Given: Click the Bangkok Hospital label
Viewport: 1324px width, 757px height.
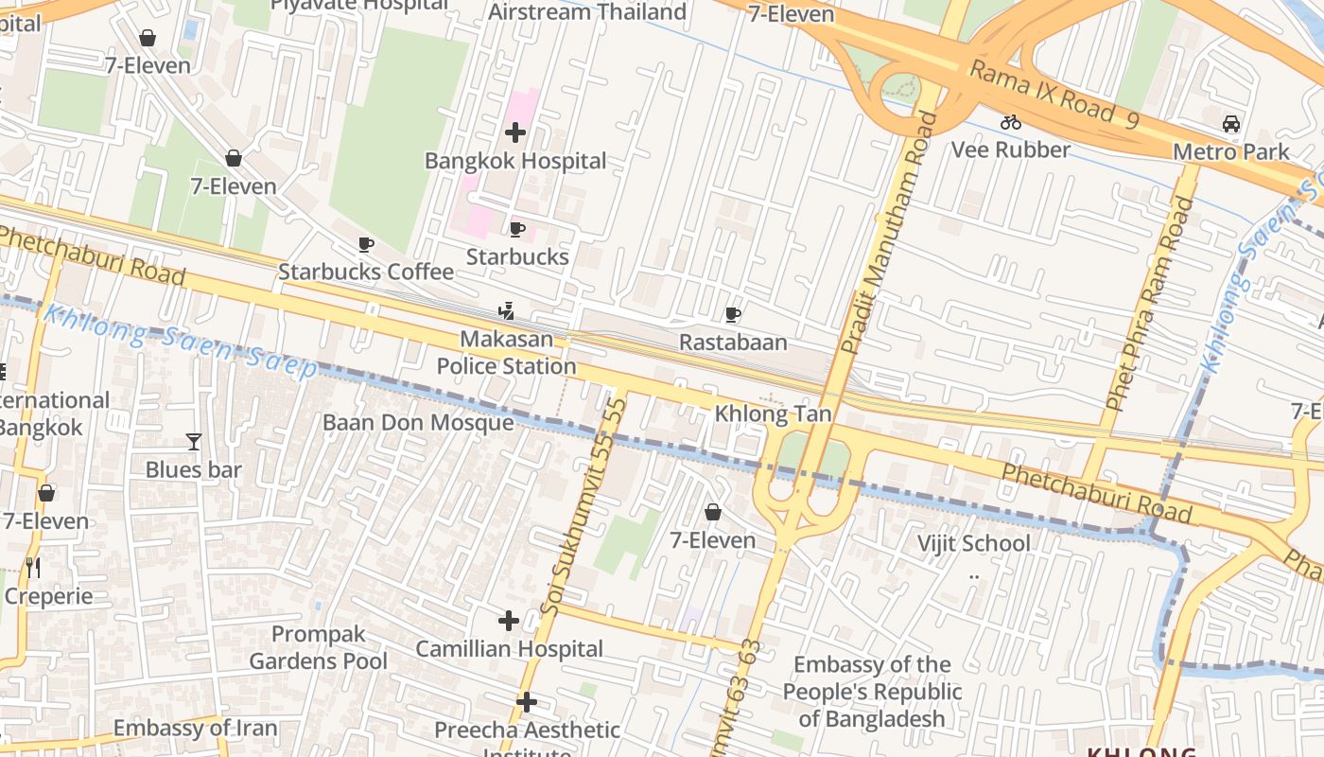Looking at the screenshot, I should (x=515, y=161).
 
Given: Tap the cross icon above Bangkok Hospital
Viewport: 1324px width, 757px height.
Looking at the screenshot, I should (x=515, y=132).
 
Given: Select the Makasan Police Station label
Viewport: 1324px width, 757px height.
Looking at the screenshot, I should (x=506, y=352).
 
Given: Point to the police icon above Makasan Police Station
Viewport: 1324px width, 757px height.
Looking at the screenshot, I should (x=506, y=310).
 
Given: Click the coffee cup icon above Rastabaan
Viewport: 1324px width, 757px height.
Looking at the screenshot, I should (x=733, y=314).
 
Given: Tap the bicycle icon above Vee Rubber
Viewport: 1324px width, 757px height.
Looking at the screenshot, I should (x=1011, y=121).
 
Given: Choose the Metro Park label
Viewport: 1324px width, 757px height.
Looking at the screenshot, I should (x=1230, y=151).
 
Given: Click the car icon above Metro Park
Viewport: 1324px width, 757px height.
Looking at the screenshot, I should (x=1230, y=123).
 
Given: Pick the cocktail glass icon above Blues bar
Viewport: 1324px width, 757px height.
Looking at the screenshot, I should (x=194, y=441).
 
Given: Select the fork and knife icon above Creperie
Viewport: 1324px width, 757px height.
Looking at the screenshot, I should (x=33, y=567).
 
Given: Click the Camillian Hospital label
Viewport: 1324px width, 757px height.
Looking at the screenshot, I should (x=509, y=649).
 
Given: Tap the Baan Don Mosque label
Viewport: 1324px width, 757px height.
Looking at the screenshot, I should (x=418, y=422).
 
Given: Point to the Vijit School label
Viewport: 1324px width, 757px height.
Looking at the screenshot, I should (x=973, y=543).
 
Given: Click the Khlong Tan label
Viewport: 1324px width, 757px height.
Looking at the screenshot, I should (x=773, y=414).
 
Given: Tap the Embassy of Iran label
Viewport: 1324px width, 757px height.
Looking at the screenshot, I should (x=195, y=728).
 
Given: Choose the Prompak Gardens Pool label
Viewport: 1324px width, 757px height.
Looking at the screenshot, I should (x=318, y=647).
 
